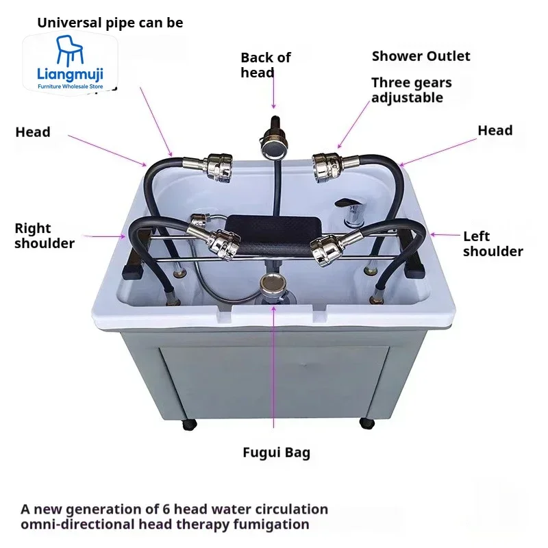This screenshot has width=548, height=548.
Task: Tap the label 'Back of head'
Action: coord(265,65)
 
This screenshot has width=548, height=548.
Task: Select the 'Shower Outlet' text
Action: coord(421,56)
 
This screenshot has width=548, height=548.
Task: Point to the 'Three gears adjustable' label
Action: coord(411,90)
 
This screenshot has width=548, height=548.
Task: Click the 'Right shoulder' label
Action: coord(44,236)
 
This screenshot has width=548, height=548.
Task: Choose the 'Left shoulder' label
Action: coord(492,244)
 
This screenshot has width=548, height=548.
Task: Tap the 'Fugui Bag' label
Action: coord(276,452)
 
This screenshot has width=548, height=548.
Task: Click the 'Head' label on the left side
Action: coord(33,132)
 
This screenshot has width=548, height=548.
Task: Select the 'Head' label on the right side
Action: coord(495,130)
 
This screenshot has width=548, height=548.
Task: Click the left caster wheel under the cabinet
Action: coord(189,424)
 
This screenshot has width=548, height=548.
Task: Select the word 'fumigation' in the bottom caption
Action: coord(272,525)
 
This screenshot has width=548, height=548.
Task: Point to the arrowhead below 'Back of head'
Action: coord(273,106)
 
